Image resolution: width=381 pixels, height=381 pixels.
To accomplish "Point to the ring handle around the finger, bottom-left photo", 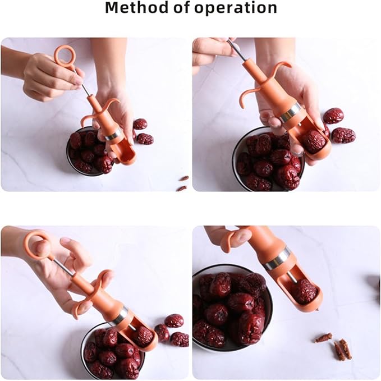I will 38,245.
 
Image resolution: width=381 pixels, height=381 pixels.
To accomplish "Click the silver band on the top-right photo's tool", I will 290,112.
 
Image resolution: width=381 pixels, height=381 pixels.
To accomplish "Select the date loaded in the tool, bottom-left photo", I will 144,335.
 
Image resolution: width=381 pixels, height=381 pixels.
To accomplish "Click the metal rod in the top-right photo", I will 237,51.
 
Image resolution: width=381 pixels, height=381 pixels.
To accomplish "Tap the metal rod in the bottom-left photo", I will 63,267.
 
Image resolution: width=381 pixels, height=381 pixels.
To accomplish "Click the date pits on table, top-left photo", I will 183,182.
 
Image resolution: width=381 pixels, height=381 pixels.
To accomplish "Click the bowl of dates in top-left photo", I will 89,150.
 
